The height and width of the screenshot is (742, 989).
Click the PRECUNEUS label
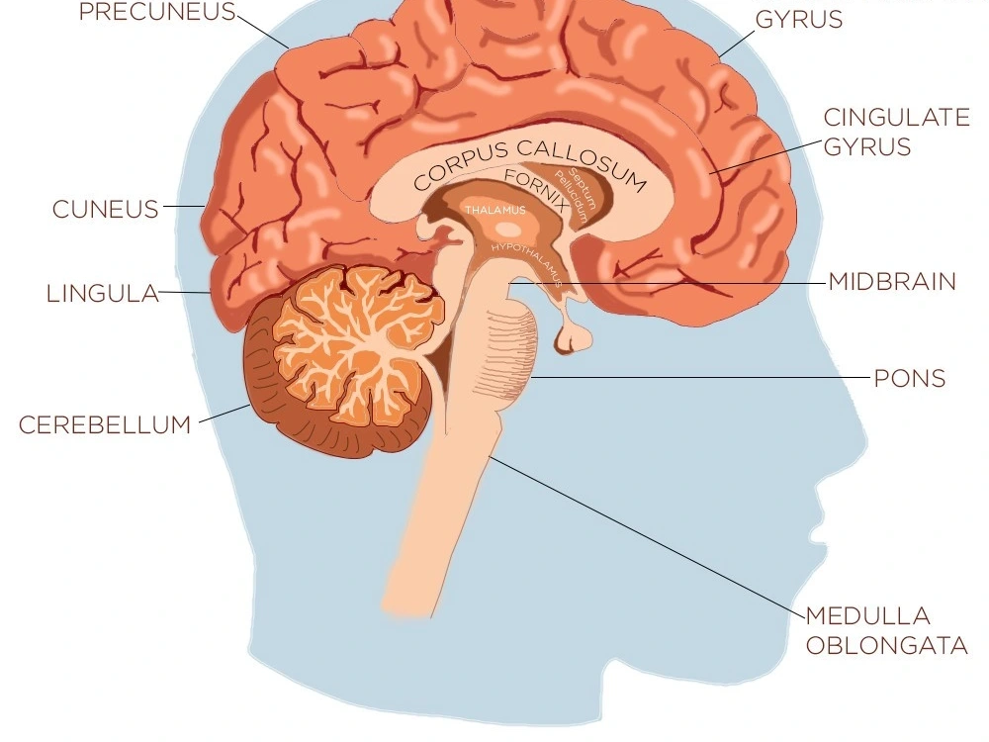[158, 13]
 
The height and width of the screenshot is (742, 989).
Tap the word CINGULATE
[896, 118]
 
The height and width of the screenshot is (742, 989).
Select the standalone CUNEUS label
[106, 210]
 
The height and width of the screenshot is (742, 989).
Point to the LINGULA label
[103, 294]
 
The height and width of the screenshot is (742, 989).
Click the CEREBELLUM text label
[105, 425]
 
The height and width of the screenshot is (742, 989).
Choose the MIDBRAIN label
[892, 282]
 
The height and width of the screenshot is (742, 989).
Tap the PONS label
[910, 378]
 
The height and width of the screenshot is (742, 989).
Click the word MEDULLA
[867, 616]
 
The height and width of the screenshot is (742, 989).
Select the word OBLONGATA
[886, 647]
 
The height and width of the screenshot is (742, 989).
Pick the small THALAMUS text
[495, 211]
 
